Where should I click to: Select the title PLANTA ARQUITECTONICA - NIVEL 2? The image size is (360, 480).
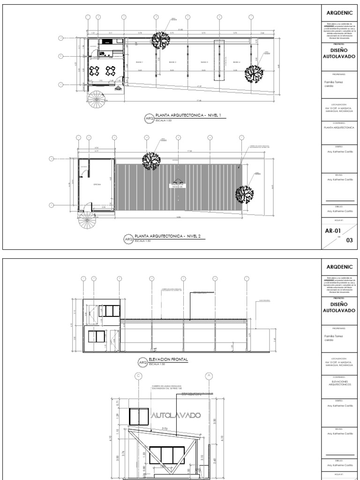(x=167, y=236)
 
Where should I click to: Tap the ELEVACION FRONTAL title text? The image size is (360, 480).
(x=168, y=360)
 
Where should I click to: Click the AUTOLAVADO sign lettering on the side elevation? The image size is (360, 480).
(x=176, y=415)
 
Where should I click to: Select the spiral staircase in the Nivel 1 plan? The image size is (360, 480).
(x=97, y=99)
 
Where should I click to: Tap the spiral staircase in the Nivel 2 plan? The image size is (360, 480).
(x=87, y=220)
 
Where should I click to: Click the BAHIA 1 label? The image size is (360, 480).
(x=139, y=62)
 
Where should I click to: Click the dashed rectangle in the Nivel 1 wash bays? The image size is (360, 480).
(x=219, y=60)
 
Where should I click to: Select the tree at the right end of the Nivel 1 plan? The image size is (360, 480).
(x=254, y=74)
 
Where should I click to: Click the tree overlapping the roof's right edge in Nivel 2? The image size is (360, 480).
(x=244, y=194)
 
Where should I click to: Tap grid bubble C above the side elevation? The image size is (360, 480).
(x=138, y=375)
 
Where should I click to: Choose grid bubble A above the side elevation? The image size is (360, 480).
(x=208, y=375)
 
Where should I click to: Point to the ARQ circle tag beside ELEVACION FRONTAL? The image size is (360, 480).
(x=142, y=362)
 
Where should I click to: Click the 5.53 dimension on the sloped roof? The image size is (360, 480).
(x=165, y=428)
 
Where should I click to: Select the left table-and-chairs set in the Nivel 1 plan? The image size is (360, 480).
(x=95, y=71)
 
